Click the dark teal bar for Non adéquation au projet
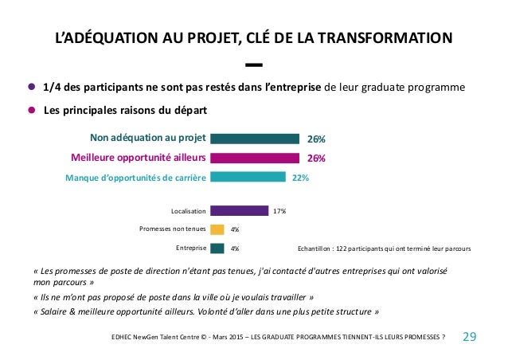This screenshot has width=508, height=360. [x=255, y=139]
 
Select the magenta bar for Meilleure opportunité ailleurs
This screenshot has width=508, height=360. [x=255, y=158]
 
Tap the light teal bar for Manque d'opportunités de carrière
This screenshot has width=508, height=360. [x=248, y=177]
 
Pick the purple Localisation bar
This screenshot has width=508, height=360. [x=240, y=210]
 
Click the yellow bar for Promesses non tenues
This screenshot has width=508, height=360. [x=217, y=229]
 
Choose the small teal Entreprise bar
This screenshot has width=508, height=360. [x=217, y=248]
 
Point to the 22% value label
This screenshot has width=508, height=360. [x=300, y=178]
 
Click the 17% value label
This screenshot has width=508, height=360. [x=279, y=211]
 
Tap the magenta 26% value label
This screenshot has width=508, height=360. [x=316, y=158]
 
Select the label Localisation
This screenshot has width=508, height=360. [x=188, y=211]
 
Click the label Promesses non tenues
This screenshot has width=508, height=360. [x=172, y=229]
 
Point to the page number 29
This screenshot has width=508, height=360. [x=470, y=337]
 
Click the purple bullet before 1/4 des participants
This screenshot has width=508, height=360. [x=31, y=87]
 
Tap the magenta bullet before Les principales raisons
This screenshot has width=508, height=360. [x=31, y=110]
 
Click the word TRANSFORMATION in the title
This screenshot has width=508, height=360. [x=385, y=37]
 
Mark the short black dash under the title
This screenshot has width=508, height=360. [x=254, y=65]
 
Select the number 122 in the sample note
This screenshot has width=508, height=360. [x=341, y=248]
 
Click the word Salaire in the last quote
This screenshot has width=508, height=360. [x=53, y=311]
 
